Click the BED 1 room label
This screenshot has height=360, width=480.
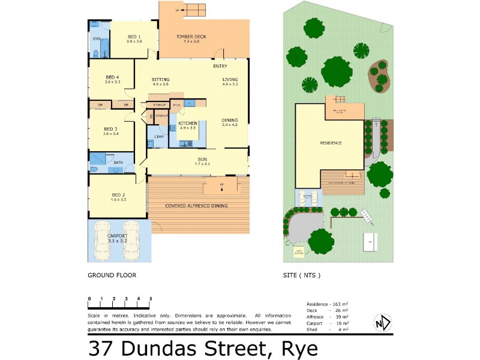pos(133,37)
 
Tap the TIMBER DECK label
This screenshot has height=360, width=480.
pos(191,37)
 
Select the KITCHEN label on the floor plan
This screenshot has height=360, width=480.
pos(187,124)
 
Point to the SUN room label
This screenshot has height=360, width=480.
pos(202,159)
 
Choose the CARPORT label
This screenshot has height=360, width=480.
pos(118,236)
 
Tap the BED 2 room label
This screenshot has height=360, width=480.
pos(118,196)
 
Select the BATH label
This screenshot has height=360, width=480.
pos(118,162)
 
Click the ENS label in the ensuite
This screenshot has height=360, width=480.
pos(95,39)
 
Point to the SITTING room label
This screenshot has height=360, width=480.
pos(160,79)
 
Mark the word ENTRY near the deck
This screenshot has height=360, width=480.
pos(220,66)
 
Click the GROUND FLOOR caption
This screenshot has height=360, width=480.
pos(112,275)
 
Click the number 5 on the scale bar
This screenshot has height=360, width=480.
pos(151,298)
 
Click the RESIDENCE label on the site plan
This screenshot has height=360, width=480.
pos(330,143)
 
